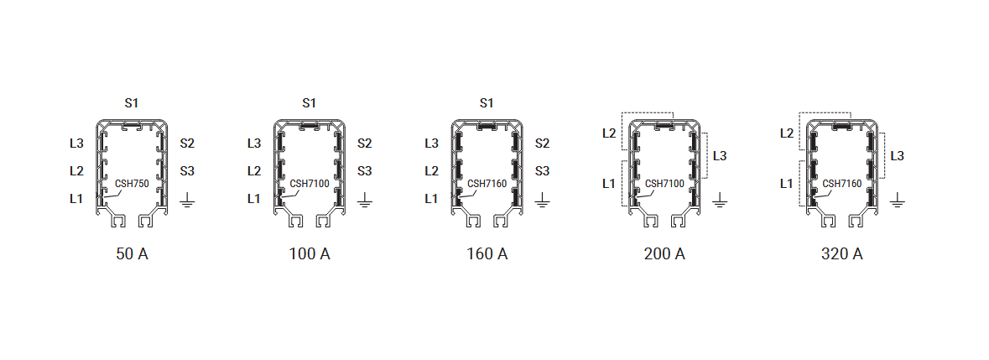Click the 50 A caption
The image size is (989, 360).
[133, 254]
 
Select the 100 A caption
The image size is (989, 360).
[310, 254]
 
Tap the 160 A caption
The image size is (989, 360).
[487, 254]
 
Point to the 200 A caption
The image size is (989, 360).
[664, 254]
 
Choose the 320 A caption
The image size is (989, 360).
[842, 254]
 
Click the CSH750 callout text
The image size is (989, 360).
[132, 184]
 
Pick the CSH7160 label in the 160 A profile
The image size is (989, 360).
[487, 184]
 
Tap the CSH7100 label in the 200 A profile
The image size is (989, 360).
[665, 184]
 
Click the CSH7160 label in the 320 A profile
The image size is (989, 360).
[843, 184]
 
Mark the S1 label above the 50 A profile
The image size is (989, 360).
[131, 102]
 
